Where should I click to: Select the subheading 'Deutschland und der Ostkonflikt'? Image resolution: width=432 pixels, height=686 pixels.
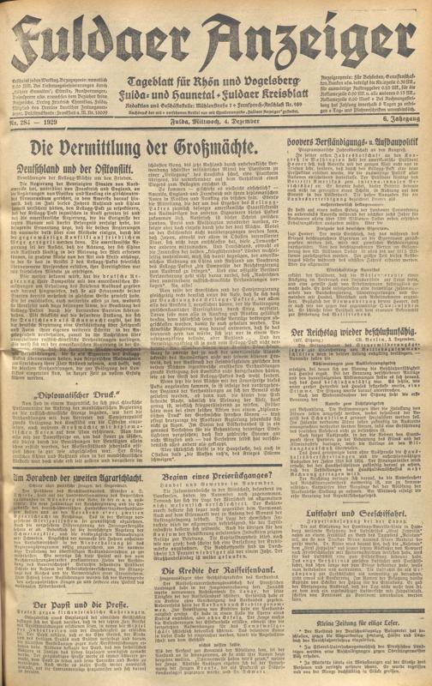tap(70, 160)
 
